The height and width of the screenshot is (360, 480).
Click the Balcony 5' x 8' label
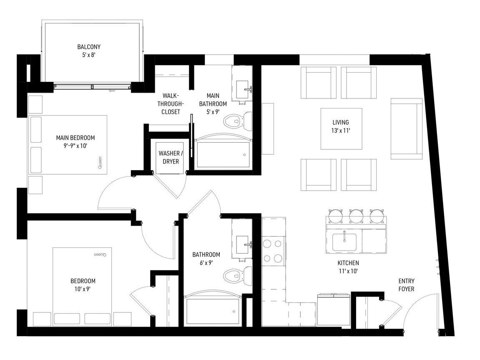click(x=89, y=51)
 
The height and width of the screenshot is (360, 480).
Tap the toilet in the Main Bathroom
click(x=238, y=121)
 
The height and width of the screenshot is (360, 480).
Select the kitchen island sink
click(x=344, y=242)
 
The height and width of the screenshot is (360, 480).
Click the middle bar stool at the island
click(x=356, y=216)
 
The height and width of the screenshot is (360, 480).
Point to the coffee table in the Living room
click(x=341, y=129)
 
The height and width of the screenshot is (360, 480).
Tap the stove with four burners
click(x=273, y=251)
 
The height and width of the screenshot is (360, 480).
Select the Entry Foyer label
click(x=406, y=284)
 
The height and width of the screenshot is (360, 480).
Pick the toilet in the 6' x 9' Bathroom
click(x=238, y=275)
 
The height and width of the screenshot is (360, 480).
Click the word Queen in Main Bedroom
click(x=100, y=163)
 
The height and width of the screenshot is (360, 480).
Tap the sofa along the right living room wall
click(x=407, y=128)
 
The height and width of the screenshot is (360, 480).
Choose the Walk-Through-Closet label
click(x=171, y=104)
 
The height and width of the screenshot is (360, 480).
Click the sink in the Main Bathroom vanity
click(x=242, y=89)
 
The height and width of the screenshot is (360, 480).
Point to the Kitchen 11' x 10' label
click(x=348, y=267)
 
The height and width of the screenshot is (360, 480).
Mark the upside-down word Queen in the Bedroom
click(x=100, y=254)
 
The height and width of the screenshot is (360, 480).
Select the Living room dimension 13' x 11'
click(x=340, y=131)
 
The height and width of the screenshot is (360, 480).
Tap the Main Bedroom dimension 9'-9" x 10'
click(x=75, y=146)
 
